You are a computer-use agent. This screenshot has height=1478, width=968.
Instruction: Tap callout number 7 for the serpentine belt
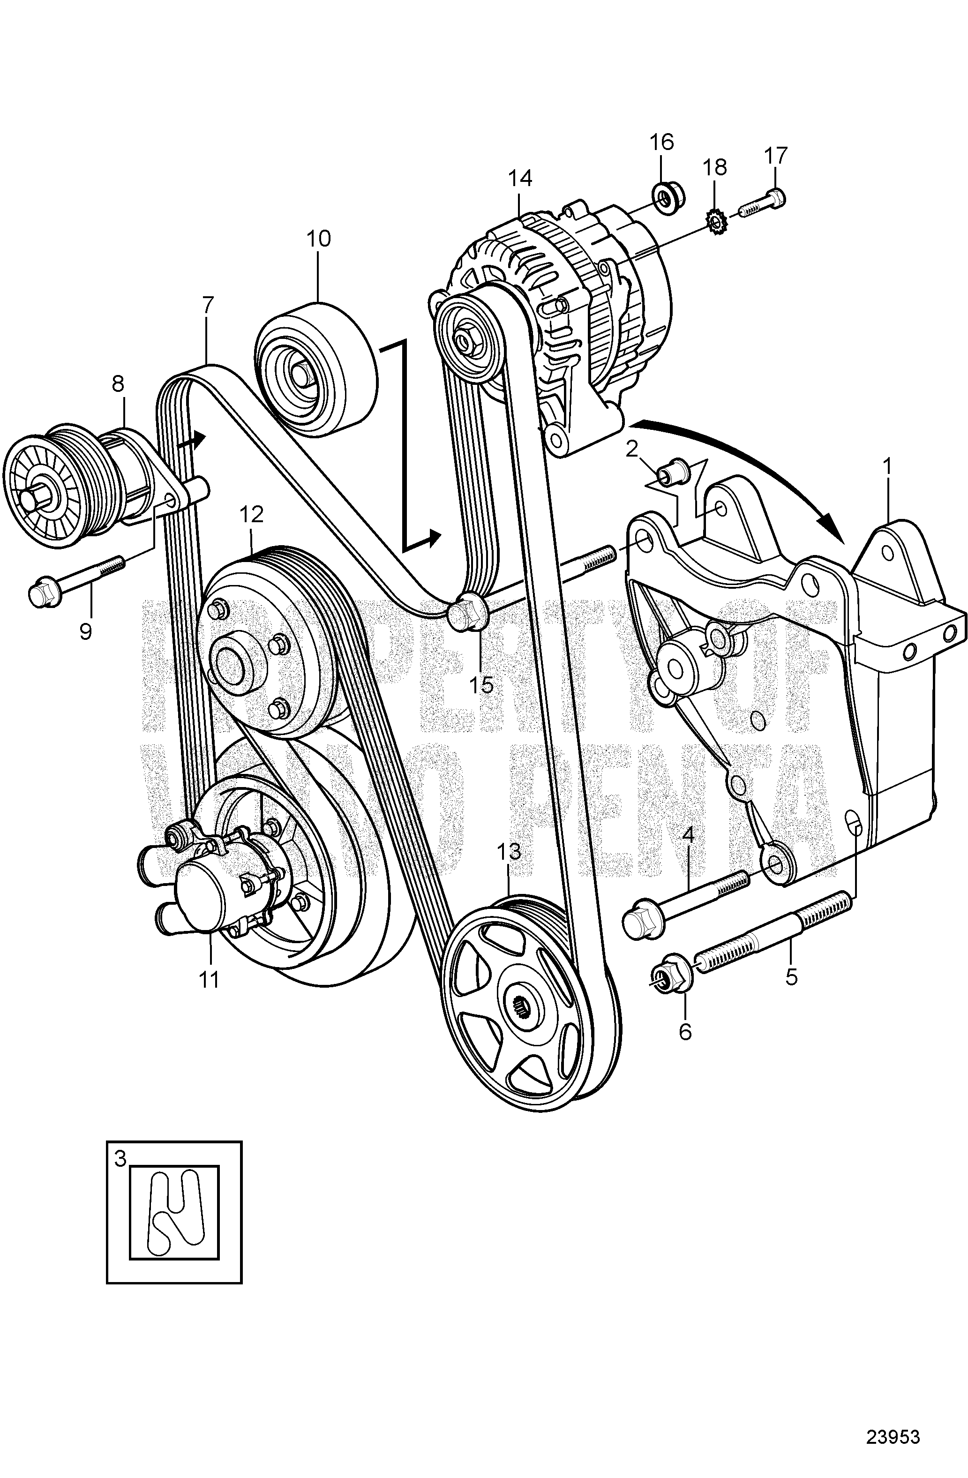click(207, 304)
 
